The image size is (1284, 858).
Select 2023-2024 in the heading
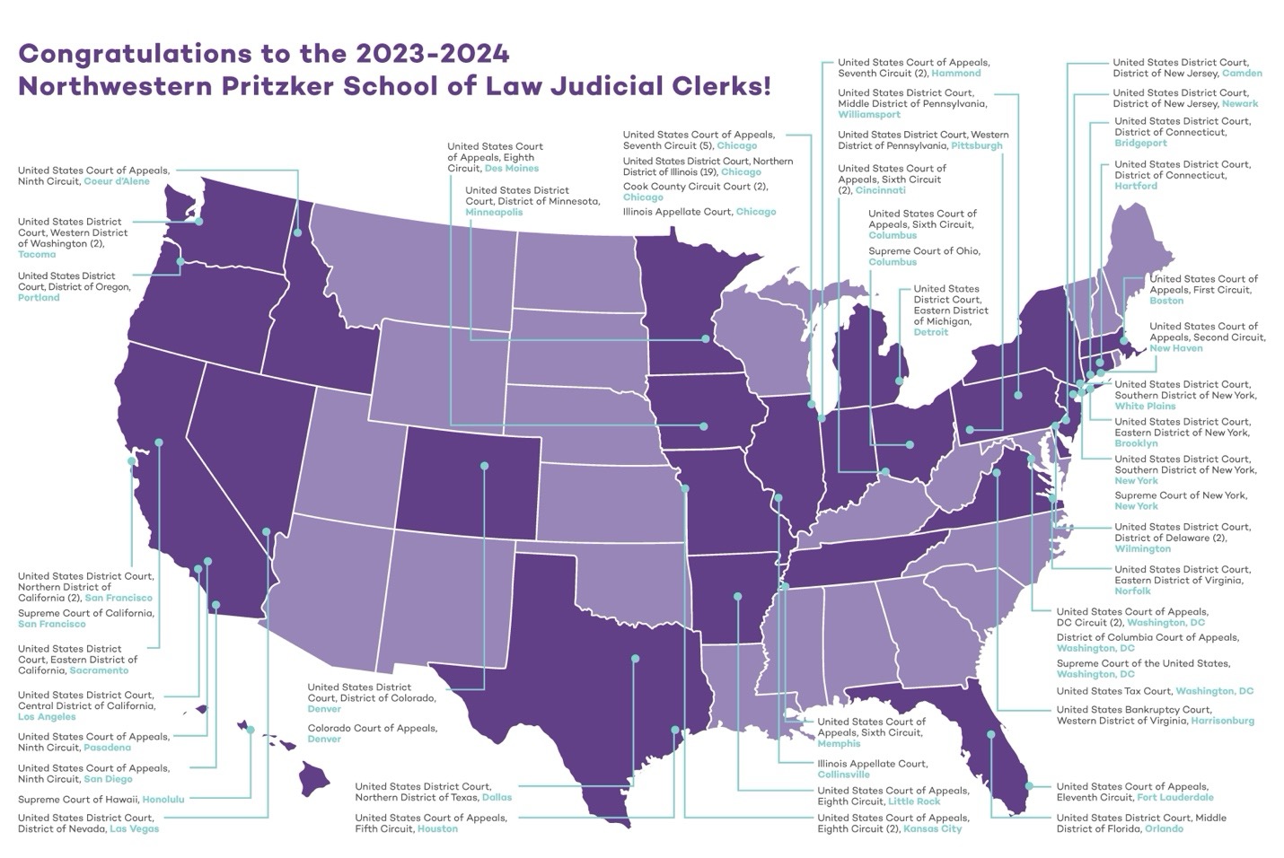(432, 53)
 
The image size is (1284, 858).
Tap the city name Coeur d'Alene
(117, 181)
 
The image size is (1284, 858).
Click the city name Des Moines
(511, 168)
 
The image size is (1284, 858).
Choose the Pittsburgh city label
(976, 145)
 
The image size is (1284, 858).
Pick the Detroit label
(930, 332)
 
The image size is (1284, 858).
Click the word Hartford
(1136, 186)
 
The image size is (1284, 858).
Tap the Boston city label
(1166, 301)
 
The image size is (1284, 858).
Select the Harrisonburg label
(1222, 721)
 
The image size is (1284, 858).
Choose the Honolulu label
(163, 799)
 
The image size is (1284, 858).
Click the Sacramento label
(99, 670)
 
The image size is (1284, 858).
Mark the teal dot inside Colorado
(485, 466)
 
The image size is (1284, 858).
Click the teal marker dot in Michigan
(899, 381)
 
